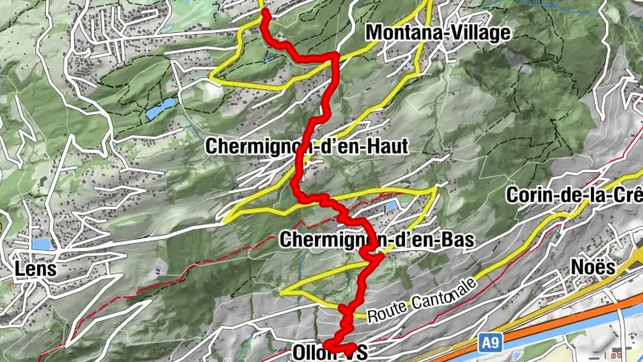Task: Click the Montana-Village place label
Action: [x=437, y=33]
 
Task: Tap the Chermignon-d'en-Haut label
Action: [x=308, y=146]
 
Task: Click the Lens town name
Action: [x=35, y=269]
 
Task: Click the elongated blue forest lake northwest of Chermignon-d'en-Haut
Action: [x=160, y=109]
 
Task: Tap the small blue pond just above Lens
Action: [x=42, y=243]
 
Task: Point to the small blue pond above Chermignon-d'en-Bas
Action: [x=391, y=206]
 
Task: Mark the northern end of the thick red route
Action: [x=264, y=13]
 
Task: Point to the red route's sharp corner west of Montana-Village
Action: [x=334, y=56]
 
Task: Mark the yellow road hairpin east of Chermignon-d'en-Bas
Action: [x=436, y=190]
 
